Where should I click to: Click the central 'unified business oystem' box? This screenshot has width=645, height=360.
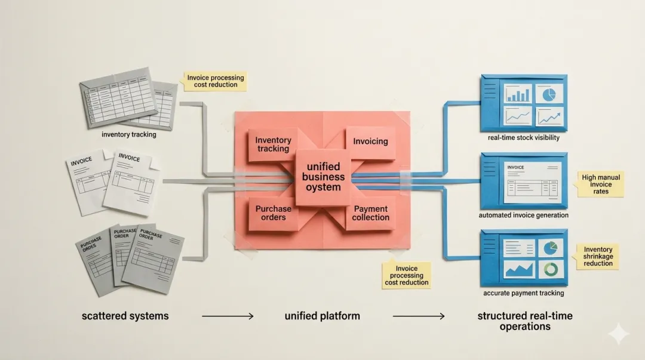(x=323, y=177)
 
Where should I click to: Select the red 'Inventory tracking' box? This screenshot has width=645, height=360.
(x=273, y=145)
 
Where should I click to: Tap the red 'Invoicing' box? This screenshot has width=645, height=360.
(x=370, y=142)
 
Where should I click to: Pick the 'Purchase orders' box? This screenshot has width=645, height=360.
(x=273, y=213)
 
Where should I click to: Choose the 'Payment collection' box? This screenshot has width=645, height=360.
(x=370, y=213)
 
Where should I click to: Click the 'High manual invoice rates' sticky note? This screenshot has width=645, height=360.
(x=601, y=184)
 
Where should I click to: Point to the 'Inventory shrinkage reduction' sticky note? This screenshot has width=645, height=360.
(x=598, y=256)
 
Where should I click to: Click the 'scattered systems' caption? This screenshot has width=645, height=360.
(x=125, y=316)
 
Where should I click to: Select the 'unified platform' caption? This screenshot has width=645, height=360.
(x=322, y=316)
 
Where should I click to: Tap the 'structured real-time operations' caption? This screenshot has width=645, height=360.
(x=525, y=321)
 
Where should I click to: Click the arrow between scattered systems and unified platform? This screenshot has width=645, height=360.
(x=228, y=316)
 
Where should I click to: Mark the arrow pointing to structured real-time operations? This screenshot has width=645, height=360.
(x=419, y=316)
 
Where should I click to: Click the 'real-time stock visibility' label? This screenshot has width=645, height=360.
(x=524, y=138)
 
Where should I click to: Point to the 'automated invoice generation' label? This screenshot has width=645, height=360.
(x=523, y=215)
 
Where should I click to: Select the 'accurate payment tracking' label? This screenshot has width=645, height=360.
(x=523, y=293)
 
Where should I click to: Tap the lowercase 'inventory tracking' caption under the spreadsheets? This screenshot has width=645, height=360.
(x=129, y=134)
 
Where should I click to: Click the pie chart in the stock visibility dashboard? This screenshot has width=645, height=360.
(x=549, y=94)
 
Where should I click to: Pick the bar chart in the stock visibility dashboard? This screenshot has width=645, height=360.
(x=518, y=94)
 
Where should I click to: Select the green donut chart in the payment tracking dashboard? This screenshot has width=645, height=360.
(x=551, y=269)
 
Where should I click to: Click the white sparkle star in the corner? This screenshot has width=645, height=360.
(x=619, y=333)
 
